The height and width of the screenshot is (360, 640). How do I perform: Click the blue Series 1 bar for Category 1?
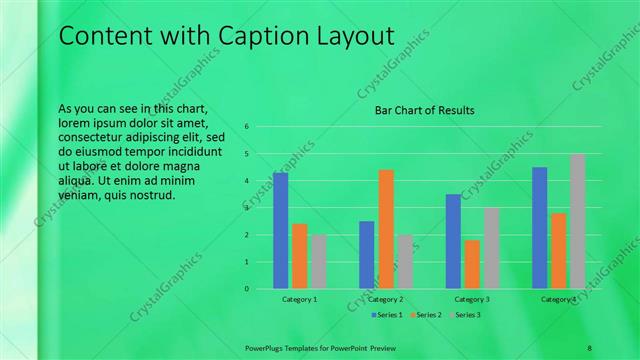(280, 231)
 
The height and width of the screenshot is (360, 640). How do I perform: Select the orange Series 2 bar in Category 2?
(386, 229)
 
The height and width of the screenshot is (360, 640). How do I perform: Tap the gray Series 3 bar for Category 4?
(577, 221)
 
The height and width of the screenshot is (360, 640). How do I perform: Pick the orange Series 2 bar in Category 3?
(472, 264)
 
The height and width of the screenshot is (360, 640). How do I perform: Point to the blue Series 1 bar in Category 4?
(540, 228)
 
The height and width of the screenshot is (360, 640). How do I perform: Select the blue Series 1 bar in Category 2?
(367, 255)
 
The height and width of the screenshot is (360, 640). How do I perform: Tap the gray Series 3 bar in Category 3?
(491, 248)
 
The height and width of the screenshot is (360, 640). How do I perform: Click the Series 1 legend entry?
(389, 315)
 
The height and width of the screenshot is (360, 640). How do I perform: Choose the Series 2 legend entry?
(427, 315)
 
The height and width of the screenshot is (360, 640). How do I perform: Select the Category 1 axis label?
(299, 299)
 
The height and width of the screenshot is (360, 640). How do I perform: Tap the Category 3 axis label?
(472, 299)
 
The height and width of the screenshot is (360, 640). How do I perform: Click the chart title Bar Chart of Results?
(424, 110)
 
